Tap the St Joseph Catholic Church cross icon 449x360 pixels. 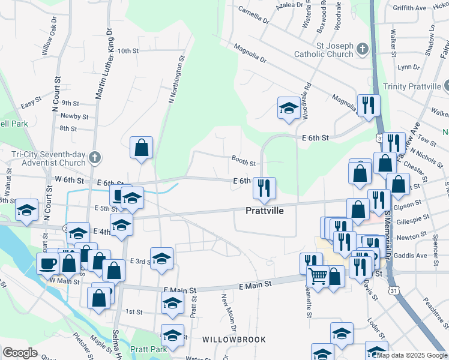(362, 49)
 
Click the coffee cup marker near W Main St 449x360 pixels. (47, 263)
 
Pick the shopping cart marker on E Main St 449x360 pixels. (318, 276)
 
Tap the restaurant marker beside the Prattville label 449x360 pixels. (264, 188)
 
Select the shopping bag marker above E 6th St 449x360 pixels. (141, 147)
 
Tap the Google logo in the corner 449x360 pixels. (20, 353)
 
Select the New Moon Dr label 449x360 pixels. (229, 308)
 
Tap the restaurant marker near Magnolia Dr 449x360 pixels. (368, 105)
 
